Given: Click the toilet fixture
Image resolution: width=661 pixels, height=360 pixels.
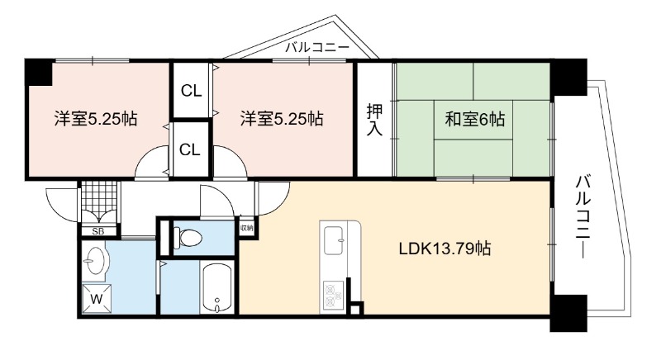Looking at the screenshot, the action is (x=188, y=238).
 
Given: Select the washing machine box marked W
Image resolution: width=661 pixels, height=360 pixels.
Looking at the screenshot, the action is (x=97, y=299).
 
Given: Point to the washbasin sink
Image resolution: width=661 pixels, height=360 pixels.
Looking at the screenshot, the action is (x=95, y=261).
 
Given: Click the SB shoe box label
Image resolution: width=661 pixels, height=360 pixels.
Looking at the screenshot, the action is (x=98, y=231).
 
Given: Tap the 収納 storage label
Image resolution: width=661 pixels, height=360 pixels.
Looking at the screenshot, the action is (x=246, y=228).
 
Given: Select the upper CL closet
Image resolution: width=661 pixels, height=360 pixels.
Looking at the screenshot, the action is (x=192, y=91).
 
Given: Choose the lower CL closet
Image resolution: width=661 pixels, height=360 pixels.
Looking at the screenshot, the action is (x=190, y=149).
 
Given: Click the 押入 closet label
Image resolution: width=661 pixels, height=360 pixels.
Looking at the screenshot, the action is (x=374, y=120).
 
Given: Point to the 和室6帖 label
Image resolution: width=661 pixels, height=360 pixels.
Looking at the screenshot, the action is (x=474, y=120).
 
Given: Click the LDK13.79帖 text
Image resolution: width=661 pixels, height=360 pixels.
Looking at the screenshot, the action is (x=445, y=249).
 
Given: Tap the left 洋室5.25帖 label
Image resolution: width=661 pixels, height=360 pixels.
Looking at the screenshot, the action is (x=96, y=119).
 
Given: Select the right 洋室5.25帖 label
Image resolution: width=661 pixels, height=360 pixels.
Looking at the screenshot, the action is (x=282, y=119).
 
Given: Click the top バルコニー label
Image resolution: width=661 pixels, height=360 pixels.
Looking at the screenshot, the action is (x=317, y=47).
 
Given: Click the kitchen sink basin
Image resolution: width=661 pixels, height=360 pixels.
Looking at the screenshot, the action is (x=335, y=240).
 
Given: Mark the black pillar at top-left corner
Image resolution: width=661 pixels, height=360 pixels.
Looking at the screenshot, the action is (x=39, y=72).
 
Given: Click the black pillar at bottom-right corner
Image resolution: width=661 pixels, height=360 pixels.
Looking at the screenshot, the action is (x=568, y=313).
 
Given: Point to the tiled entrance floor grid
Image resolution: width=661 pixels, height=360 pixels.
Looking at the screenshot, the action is (x=98, y=197).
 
